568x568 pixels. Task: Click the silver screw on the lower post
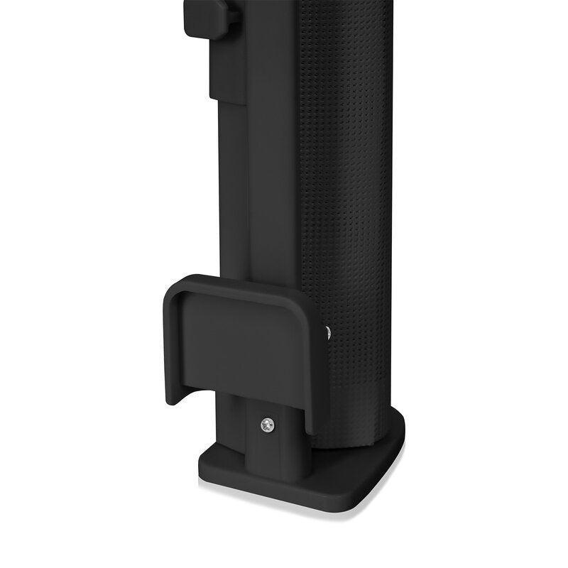pos(267,425)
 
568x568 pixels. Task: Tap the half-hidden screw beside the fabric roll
pos(327,332)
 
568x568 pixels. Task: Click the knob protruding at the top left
pos(206,18)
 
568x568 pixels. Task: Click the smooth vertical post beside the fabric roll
pos(273,177)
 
